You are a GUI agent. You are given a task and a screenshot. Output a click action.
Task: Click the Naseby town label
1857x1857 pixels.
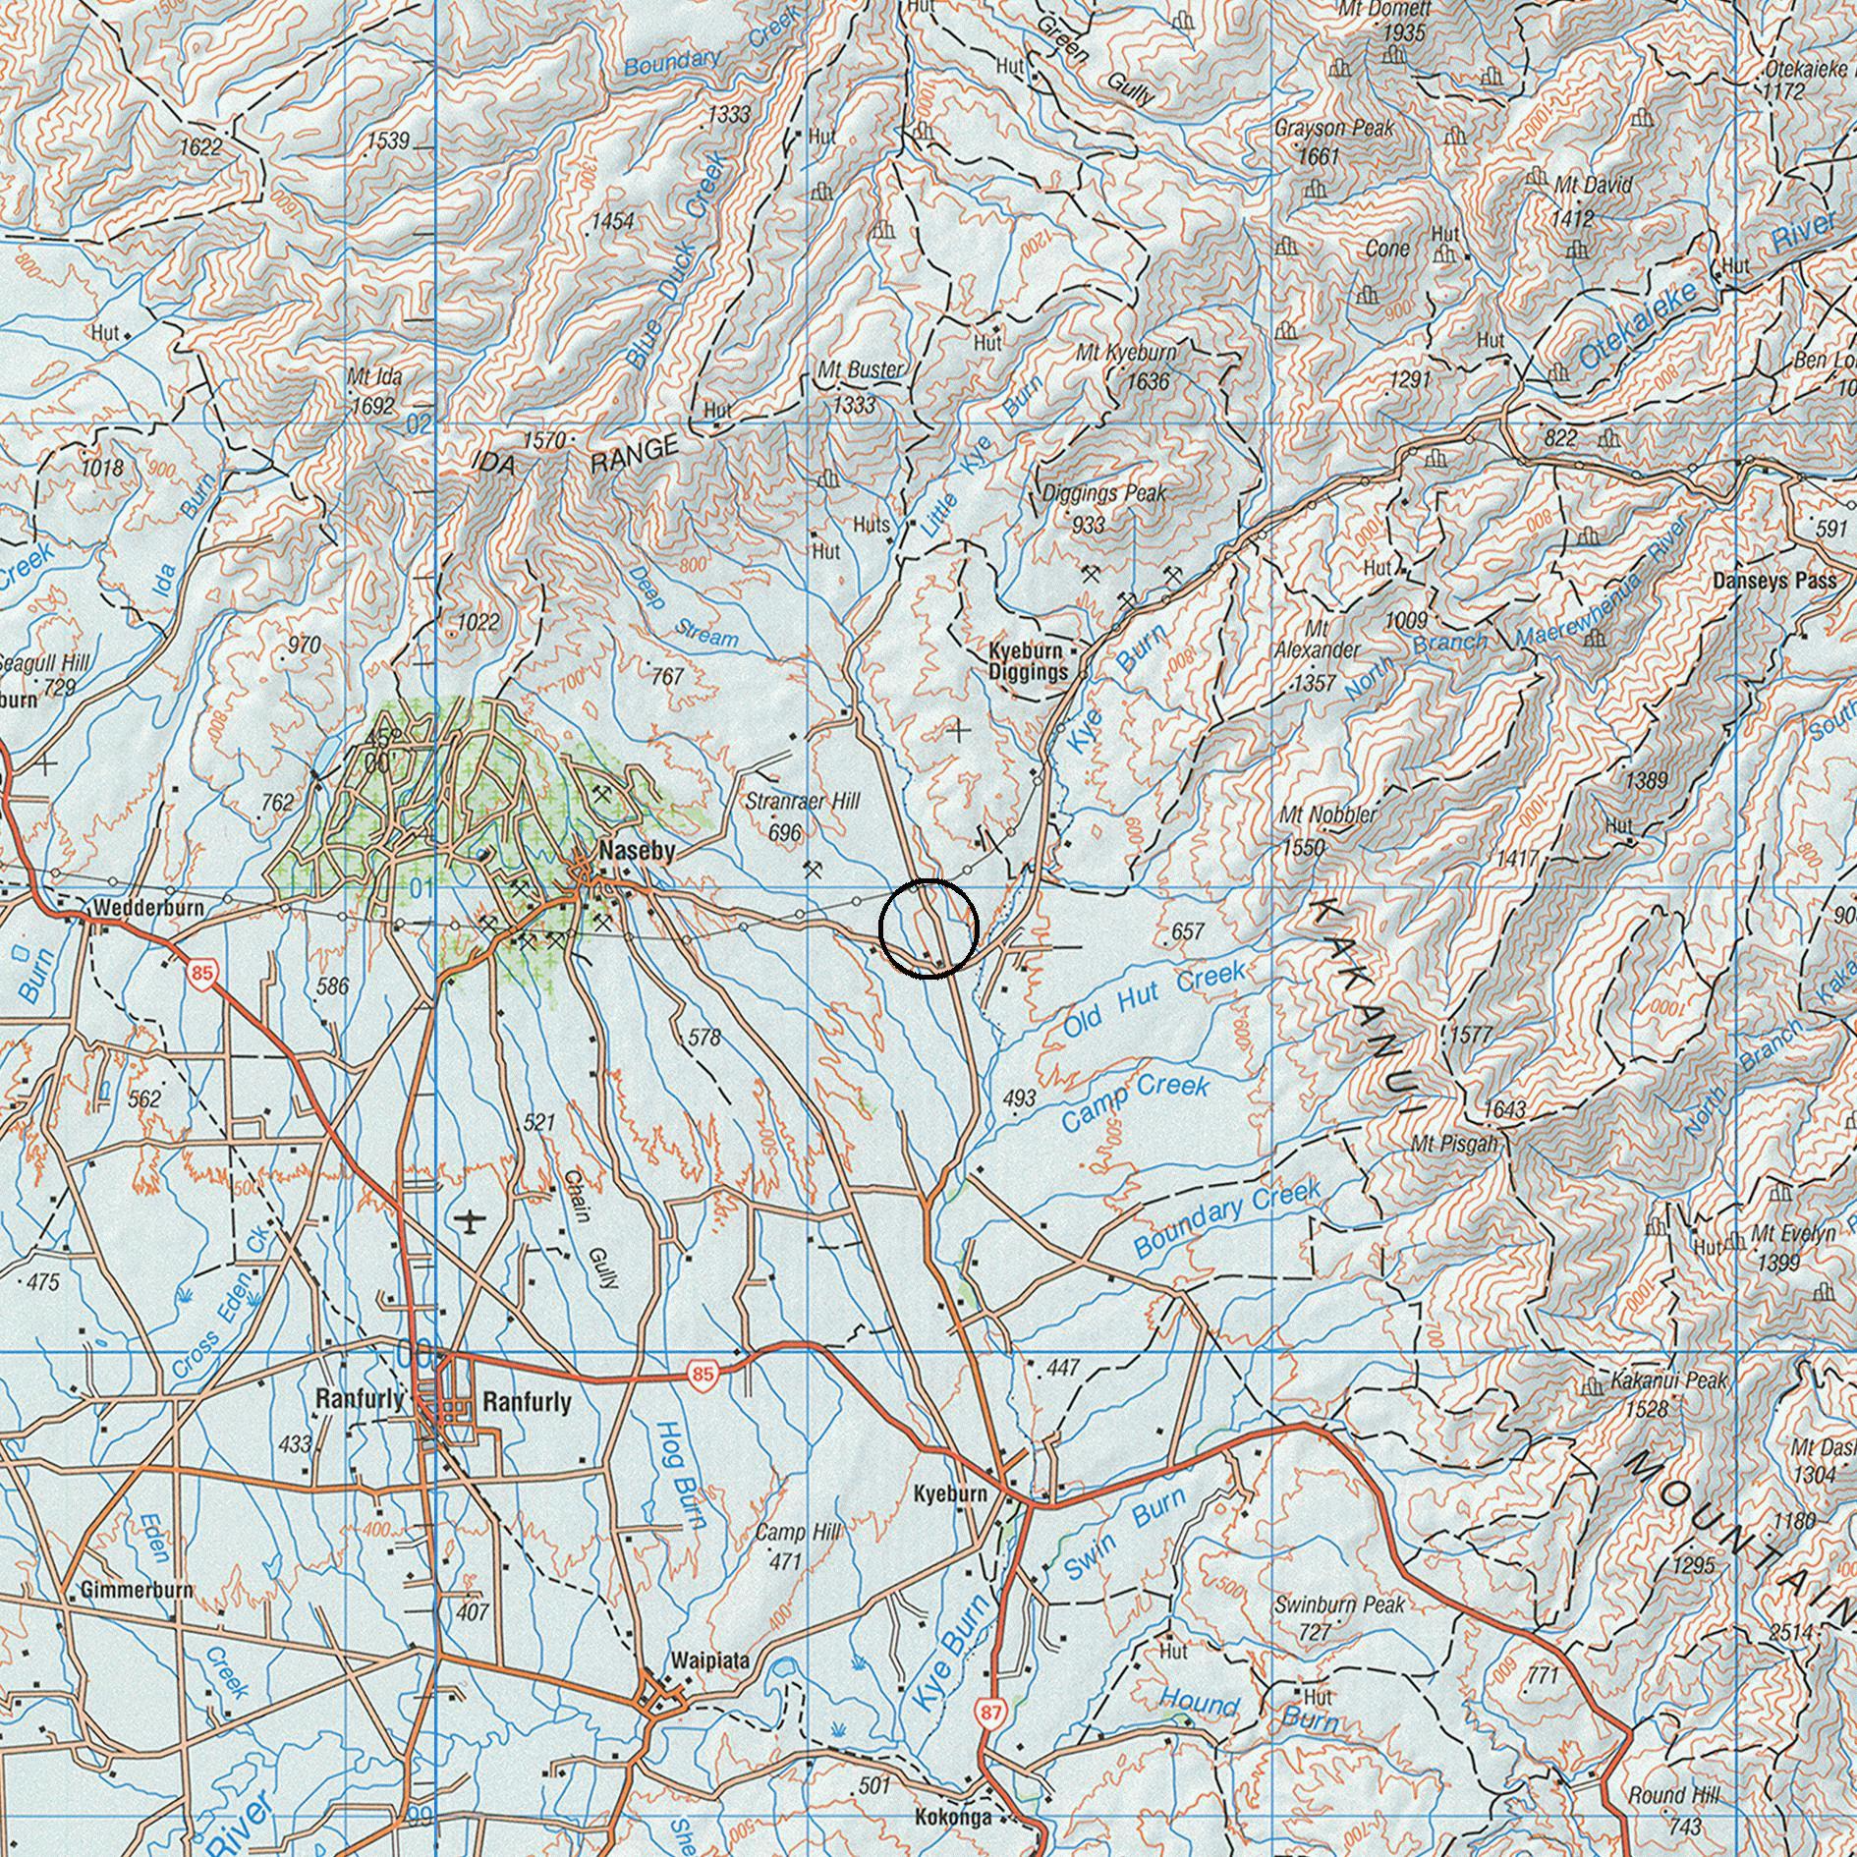tap(637, 852)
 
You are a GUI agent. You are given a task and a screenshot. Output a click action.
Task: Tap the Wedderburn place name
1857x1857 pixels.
tap(149, 908)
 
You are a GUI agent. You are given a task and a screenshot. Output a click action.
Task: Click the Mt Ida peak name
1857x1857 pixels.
tap(374, 376)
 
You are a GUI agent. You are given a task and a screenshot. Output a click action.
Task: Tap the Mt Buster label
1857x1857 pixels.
tap(860, 370)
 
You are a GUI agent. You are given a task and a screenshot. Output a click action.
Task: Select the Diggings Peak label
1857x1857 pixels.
tap(1103, 493)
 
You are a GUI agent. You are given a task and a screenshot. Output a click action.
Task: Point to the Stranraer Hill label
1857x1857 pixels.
tap(802, 802)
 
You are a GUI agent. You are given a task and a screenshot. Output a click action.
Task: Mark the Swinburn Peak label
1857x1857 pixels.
tap(1339, 1604)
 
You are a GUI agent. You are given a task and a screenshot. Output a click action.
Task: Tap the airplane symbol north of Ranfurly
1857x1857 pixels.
tap(472, 1221)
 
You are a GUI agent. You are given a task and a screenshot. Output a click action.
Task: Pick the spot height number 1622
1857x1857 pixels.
tap(200, 147)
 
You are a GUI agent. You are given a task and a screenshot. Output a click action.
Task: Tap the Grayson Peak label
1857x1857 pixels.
tap(1333, 129)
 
